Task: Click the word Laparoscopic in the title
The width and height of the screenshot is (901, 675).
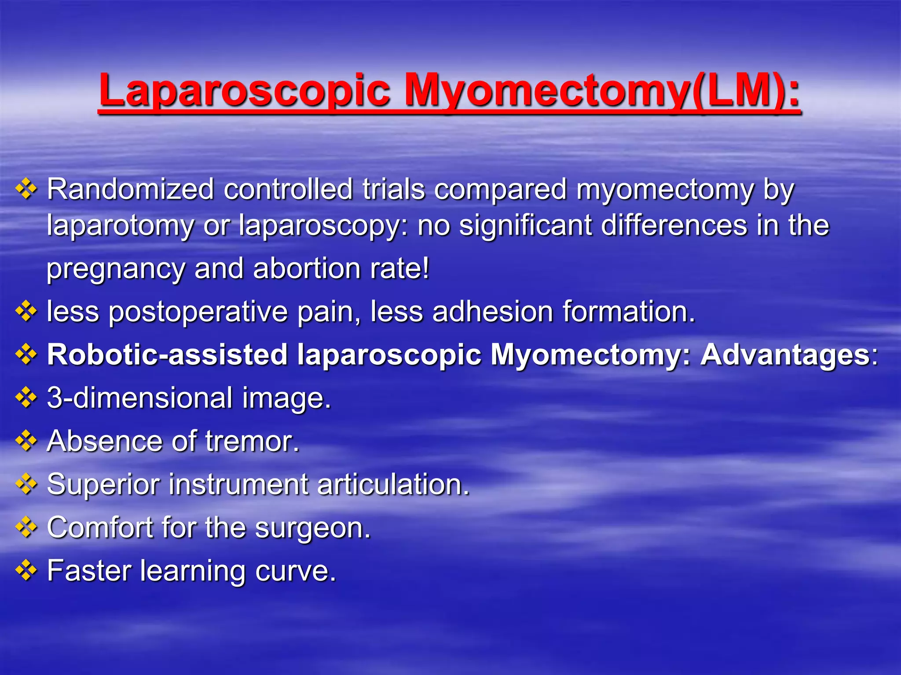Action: click(x=244, y=91)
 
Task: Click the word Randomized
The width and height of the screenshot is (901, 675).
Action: click(x=130, y=189)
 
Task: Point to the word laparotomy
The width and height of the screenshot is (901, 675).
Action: click(x=120, y=226)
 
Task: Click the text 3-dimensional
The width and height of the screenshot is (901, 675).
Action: click(x=139, y=398)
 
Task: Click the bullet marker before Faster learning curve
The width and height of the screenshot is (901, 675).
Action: click(x=26, y=570)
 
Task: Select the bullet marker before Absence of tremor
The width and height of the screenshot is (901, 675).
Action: click(x=26, y=441)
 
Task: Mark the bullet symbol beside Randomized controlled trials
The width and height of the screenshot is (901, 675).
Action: click(x=26, y=189)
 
